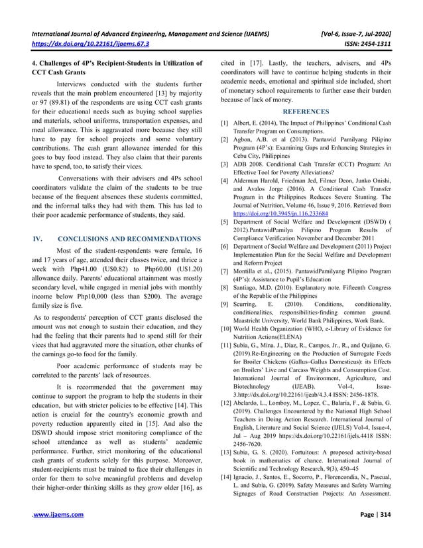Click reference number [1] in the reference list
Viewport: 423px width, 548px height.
point(225,125)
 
